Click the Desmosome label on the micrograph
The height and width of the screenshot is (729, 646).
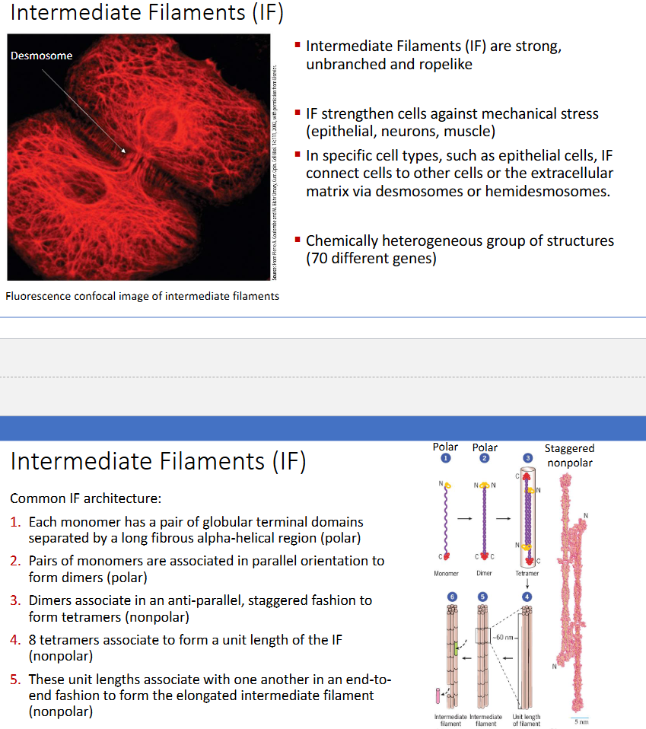click(41, 56)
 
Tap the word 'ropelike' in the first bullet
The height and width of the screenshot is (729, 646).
click(445, 64)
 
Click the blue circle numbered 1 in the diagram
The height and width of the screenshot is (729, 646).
click(445, 458)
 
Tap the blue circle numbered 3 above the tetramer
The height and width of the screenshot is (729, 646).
click(527, 458)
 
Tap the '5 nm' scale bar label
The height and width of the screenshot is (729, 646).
click(581, 721)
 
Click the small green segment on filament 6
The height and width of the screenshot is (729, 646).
click(456, 648)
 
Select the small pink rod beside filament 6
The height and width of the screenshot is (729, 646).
click(438, 695)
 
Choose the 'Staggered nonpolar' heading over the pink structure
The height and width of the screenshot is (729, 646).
click(570, 455)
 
